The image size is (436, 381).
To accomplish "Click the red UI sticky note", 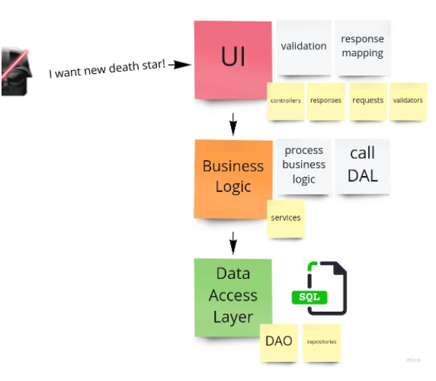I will pyautogui.click(x=232, y=59).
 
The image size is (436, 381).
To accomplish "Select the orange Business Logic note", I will pyautogui.click(x=232, y=176).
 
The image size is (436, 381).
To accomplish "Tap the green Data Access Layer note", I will pyautogui.click(x=232, y=295).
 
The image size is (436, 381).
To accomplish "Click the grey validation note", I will pyautogui.click(x=303, y=47).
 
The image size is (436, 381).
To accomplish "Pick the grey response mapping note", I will pyautogui.click(x=362, y=47).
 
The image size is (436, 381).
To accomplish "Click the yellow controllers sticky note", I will pyautogui.click(x=286, y=101).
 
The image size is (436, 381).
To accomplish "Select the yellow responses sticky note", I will pyautogui.click(x=326, y=101).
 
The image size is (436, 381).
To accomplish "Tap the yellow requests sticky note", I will pyautogui.click(x=367, y=101).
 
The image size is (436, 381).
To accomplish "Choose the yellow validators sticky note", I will pyautogui.click(x=407, y=101).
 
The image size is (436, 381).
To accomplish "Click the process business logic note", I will pyautogui.click(x=303, y=165).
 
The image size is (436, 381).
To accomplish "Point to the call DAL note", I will pyautogui.click(x=362, y=165).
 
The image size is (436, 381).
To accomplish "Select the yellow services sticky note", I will pyautogui.click(x=286, y=218).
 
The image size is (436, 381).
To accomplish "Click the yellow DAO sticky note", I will pyautogui.click(x=279, y=341).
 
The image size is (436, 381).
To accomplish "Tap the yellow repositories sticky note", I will pyautogui.click(x=321, y=341).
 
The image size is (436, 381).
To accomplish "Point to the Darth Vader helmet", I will pyautogui.click(x=15, y=72).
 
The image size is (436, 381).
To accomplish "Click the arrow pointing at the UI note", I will pyautogui.click(x=179, y=65).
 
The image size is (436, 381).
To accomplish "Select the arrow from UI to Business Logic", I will pyautogui.click(x=233, y=122).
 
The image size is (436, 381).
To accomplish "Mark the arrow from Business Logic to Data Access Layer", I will pyautogui.click(x=233, y=242).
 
